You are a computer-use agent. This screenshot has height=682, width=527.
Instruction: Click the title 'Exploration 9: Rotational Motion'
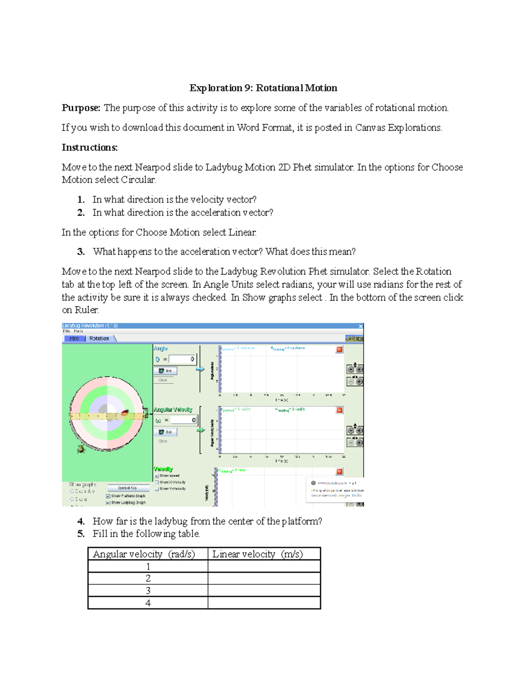point(263,88)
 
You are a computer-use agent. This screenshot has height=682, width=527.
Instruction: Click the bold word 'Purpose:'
point(81,108)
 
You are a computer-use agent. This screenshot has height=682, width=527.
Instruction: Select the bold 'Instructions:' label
point(90,148)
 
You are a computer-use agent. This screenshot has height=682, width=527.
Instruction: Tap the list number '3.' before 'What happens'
point(81,252)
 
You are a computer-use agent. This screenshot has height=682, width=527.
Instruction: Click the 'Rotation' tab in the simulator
point(99,339)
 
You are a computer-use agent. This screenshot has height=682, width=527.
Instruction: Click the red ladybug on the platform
point(125,413)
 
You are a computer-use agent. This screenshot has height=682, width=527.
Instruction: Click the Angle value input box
point(182,359)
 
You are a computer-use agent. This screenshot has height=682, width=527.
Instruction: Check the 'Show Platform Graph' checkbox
point(108,496)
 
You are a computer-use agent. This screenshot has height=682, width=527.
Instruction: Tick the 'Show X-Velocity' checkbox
point(157,482)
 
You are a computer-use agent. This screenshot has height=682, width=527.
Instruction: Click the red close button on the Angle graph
point(339,350)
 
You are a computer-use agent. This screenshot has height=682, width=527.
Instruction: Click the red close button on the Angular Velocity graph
point(339,410)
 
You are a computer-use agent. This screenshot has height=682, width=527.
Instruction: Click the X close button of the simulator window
point(361,326)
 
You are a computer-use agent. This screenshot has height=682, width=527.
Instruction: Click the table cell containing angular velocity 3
point(148,591)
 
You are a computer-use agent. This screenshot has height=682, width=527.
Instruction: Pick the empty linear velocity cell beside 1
point(264,567)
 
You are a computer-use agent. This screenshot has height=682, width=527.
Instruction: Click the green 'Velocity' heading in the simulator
point(163,469)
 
